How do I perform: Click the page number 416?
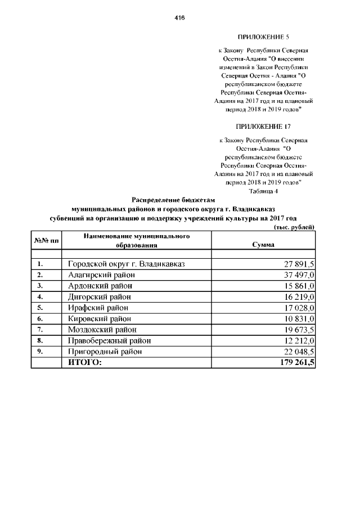point(180,18)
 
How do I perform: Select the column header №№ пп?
point(46,240)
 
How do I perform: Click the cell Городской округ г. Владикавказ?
point(127,264)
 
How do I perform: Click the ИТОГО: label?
point(85,363)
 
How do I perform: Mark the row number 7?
point(40,330)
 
